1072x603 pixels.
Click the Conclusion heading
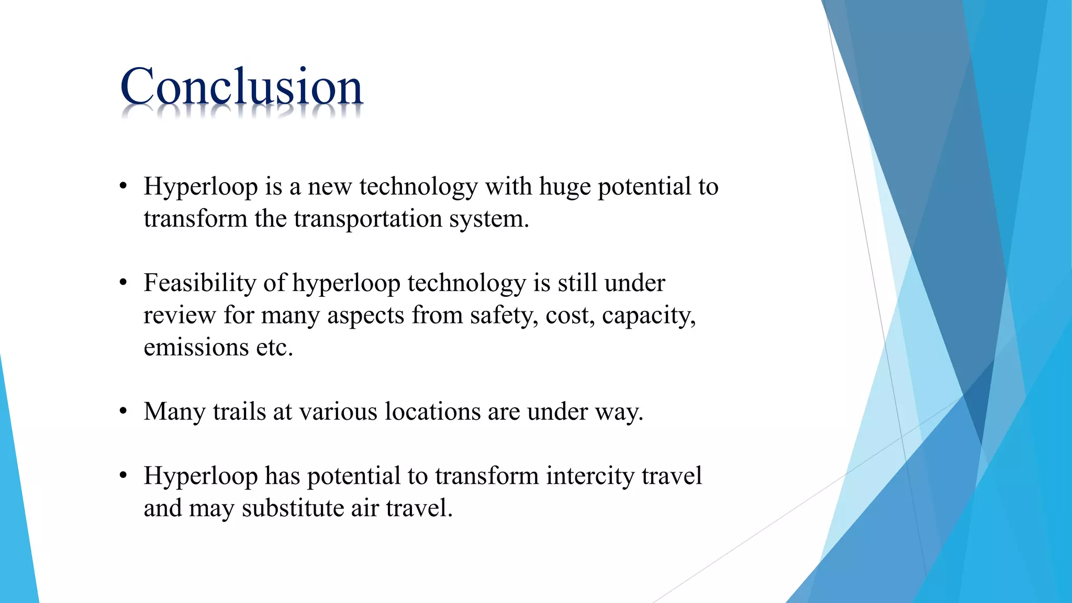(241, 87)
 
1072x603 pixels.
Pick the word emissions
(196, 348)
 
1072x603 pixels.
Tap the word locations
(432, 411)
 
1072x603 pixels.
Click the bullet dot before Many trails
(123, 411)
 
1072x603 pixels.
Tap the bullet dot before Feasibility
(123, 283)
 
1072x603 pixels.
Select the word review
(180, 316)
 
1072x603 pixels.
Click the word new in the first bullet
(330, 187)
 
